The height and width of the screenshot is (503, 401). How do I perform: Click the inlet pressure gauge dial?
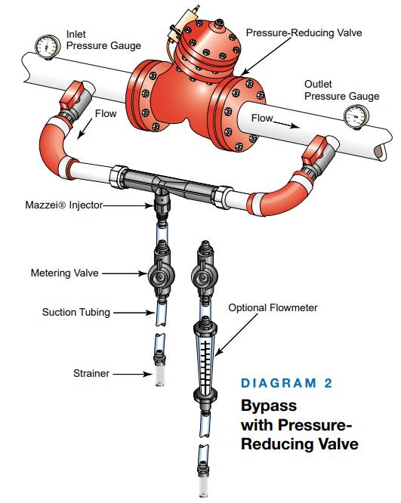tap(47, 47)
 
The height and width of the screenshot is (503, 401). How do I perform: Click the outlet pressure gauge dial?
tap(356, 117)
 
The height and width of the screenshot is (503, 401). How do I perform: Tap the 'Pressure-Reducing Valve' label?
tap(304, 32)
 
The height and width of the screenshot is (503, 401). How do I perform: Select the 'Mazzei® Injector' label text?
tap(64, 205)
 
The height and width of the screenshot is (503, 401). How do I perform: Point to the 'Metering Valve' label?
tap(64, 273)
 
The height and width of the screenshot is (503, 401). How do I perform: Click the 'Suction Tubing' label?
tap(76, 312)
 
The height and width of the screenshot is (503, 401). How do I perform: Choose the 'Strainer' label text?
tap(91, 373)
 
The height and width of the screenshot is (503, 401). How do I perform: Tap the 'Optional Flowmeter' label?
tap(273, 307)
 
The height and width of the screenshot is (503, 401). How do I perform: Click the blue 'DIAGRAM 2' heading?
tap(286, 383)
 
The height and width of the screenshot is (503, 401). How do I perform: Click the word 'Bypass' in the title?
tap(269, 406)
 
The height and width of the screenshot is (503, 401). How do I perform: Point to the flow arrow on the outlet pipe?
tap(285, 125)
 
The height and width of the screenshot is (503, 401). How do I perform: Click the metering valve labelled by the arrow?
tap(161, 274)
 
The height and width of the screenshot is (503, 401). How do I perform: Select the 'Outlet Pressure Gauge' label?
tap(341, 90)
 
